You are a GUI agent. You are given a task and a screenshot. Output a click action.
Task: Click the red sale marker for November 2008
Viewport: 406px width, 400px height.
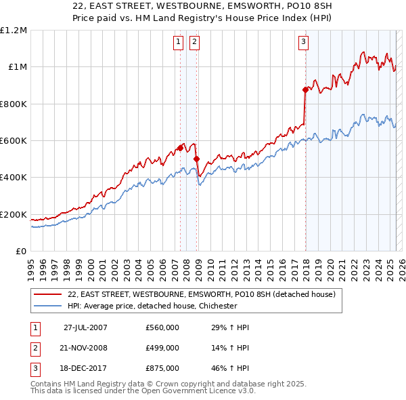(196, 159)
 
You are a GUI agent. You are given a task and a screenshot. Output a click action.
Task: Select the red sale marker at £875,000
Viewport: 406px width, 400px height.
(305, 89)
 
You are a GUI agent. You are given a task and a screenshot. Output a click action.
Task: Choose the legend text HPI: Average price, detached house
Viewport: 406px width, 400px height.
(152, 306)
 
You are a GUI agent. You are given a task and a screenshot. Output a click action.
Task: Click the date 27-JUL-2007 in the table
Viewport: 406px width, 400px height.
(85, 327)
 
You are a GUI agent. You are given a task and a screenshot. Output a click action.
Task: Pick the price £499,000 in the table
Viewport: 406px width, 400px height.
(162, 348)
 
